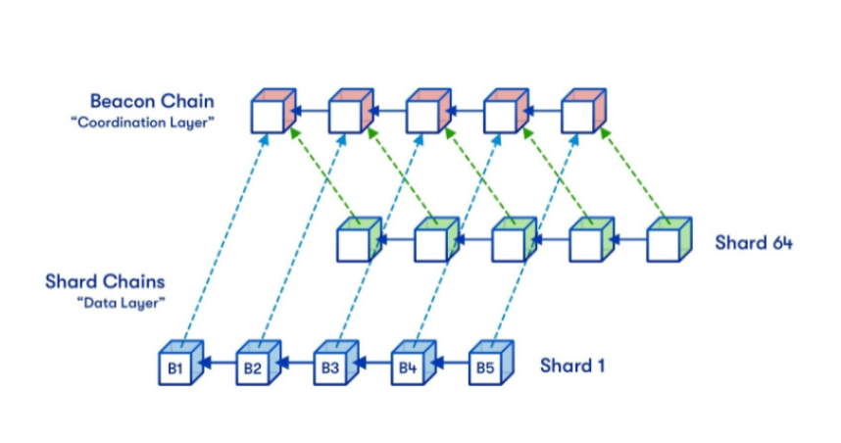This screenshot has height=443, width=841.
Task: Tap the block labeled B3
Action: tap(330, 369)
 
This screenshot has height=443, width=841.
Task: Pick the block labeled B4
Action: tap(408, 369)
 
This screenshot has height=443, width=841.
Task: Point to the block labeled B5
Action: tap(485, 369)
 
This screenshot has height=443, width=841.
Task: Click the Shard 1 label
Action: tap(571, 366)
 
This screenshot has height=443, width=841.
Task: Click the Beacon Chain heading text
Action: tap(152, 101)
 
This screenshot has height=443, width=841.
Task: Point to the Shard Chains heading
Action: tap(107, 282)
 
